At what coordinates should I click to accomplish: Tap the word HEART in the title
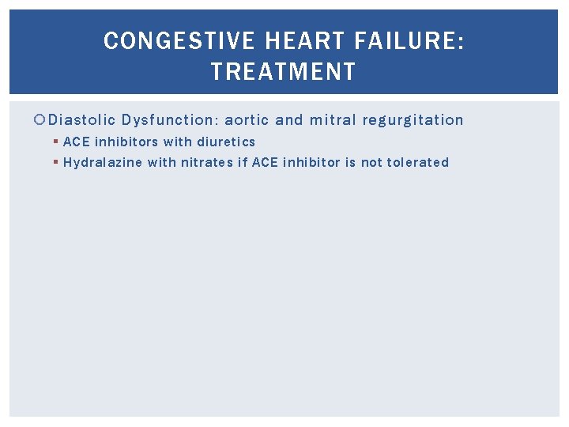294,41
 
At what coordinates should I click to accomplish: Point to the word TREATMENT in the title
284,73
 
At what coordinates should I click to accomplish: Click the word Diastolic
82,120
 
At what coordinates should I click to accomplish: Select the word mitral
333,120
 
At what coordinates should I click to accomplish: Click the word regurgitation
413,120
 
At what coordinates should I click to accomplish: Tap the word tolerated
418,163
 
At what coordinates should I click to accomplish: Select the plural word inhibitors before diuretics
126,142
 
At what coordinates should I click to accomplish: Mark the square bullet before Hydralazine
56,163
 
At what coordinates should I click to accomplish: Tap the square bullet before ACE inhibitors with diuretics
56,142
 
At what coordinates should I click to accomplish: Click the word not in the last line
371,163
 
